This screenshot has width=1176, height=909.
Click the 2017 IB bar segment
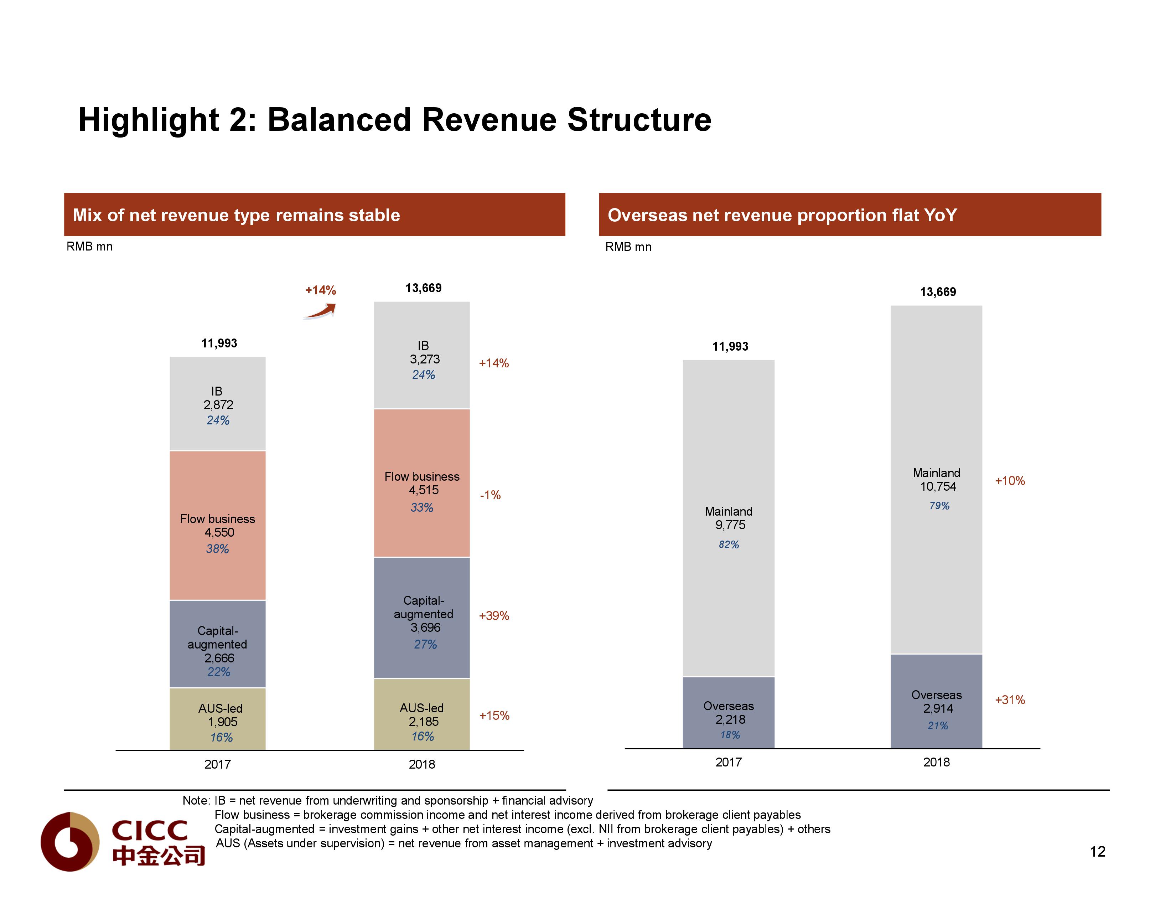pyautogui.click(x=218, y=403)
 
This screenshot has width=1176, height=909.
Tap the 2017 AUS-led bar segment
pyautogui.click(x=218, y=719)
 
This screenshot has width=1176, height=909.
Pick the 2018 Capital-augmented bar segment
pyautogui.click(x=421, y=618)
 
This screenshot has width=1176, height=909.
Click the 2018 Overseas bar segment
pyautogui.click(x=936, y=701)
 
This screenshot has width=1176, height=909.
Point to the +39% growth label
pyautogui.click(x=494, y=615)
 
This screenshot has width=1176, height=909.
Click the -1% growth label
pyautogui.click(x=490, y=495)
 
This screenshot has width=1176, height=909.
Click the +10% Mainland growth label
pyautogui.click(x=1010, y=481)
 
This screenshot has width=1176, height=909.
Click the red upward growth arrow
pyautogui.click(x=320, y=311)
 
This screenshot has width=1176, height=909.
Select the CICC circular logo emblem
pyautogui.click(x=70, y=842)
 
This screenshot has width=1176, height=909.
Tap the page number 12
pyautogui.click(x=1097, y=851)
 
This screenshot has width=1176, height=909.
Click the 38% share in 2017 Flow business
pyautogui.click(x=218, y=549)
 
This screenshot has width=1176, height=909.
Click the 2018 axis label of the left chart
pyautogui.click(x=421, y=764)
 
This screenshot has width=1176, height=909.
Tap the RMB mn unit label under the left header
pyautogui.click(x=89, y=247)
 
